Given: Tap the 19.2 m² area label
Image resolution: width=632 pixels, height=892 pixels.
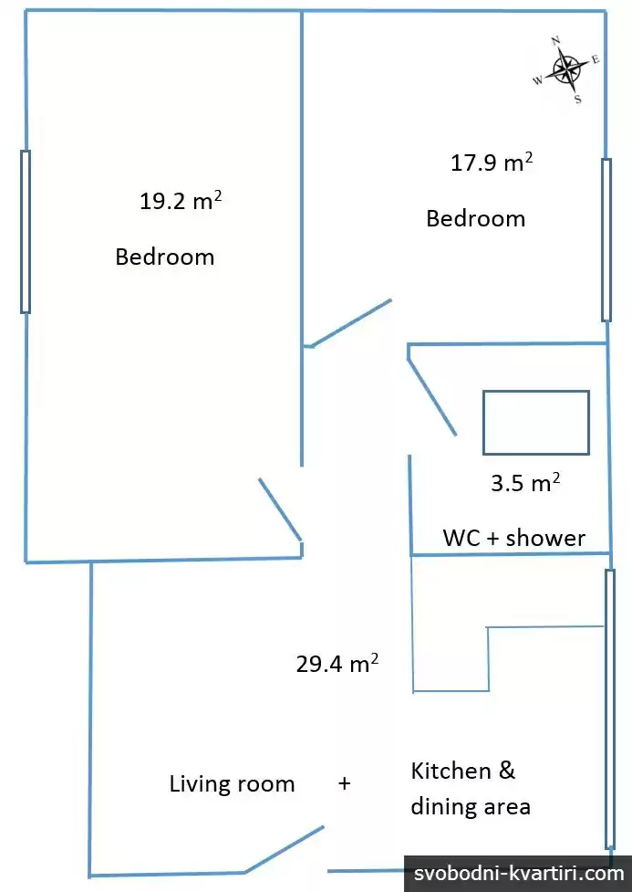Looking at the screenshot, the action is tap(181, 201).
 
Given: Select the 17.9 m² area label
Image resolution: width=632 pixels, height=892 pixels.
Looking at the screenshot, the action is tap(492, 163).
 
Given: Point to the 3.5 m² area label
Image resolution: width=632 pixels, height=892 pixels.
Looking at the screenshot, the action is tap(525, 482).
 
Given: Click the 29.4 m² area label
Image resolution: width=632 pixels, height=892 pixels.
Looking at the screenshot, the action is tap(337, 663).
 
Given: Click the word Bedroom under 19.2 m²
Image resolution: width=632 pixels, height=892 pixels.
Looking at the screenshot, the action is tap(165, 257).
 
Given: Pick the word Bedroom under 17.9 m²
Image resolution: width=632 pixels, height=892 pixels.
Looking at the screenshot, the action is tap(476, 218).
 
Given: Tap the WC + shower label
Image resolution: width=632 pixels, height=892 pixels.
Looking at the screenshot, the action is tap(513, 538).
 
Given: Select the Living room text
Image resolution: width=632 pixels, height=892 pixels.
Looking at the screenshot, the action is tap(232, 784).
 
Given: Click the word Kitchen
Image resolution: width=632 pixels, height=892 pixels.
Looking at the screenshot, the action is tap(451, 771).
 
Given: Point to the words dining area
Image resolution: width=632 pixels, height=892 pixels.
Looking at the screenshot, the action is tap(471, 806).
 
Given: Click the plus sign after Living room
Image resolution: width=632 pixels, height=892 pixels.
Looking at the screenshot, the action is tap(345, 784).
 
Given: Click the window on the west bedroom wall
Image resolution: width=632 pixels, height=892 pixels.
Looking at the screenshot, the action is tap(25, 232).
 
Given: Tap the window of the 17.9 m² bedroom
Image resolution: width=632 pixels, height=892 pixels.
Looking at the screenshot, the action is tap(606, 240).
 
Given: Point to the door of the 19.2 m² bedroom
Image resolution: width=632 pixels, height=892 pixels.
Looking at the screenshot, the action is tap(280, 509).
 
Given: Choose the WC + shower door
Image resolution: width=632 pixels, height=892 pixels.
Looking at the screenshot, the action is tap(432, 397).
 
